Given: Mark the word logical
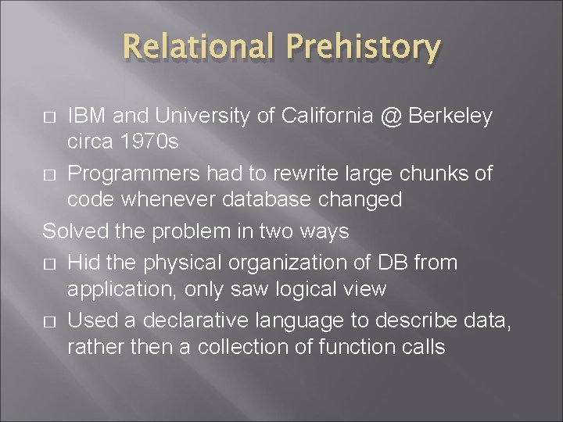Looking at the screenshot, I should point(301,290).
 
